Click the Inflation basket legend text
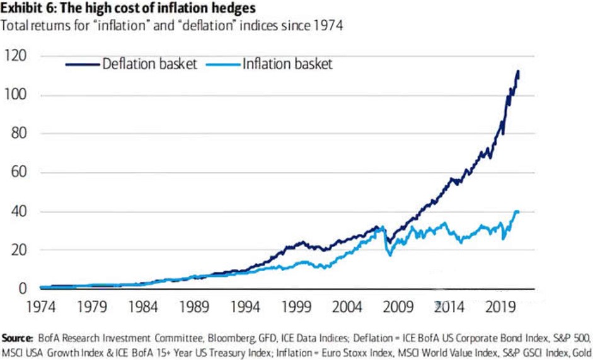(287, 64)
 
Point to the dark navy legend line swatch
(82, 64)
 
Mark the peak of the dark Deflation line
(518, 72)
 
